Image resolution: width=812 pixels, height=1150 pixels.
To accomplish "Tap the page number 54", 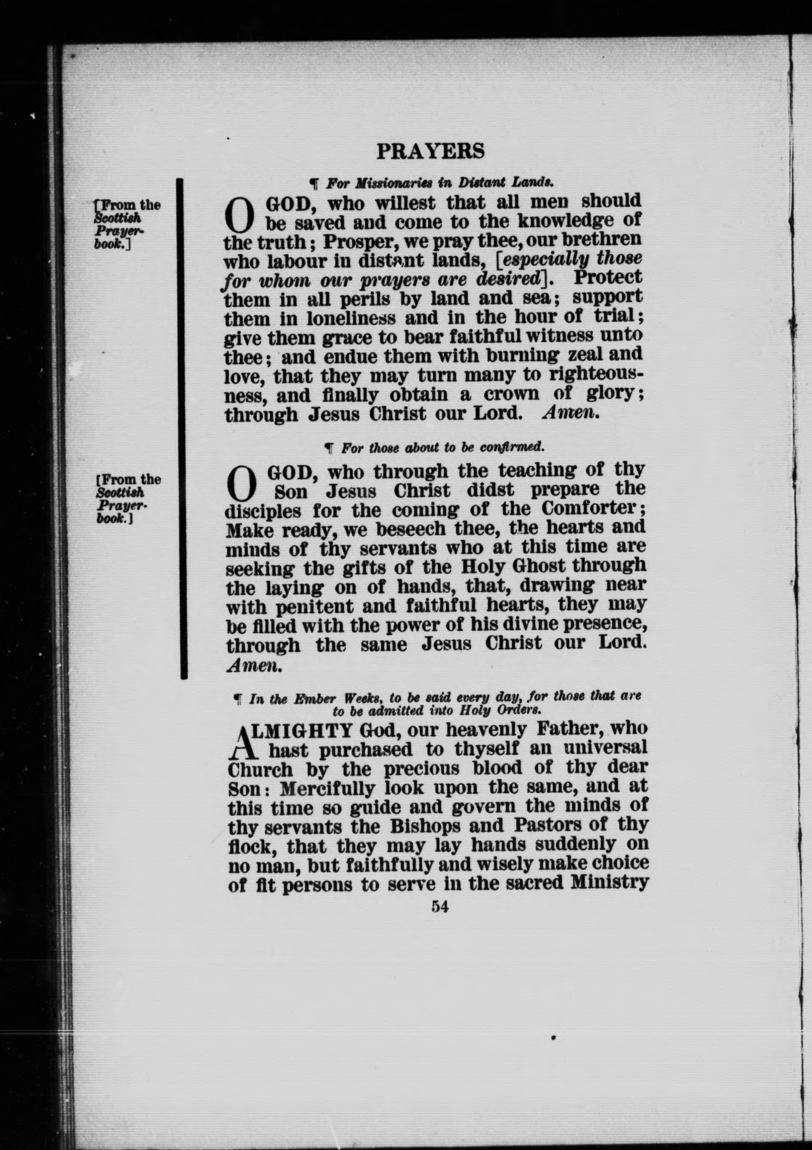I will pyautogui.click(x=439, y=906).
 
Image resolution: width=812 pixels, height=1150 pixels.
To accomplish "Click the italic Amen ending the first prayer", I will pyautogui.click(x=571, y=413).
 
